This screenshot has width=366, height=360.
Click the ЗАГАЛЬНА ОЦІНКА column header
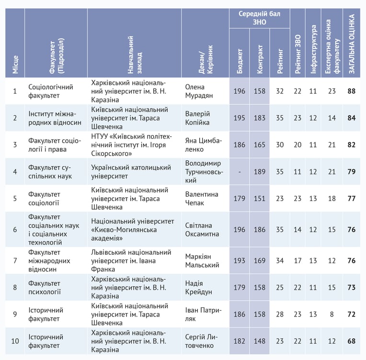(x=352, y=44)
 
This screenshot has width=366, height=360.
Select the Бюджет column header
(x=240, y=61)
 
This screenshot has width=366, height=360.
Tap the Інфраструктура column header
(x=313, y=49)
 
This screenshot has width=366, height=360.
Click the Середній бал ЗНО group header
(x=259, y=18)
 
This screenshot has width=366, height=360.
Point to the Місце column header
(x=15, y=65)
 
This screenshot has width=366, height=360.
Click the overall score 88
(x=352, y=91)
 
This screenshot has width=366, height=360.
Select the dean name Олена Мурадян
(x=199, y=91)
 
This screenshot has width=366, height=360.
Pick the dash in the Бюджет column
(x=240, y=172)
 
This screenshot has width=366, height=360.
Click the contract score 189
(x=260, y=172)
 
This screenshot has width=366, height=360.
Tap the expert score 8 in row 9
(x=332, y=314)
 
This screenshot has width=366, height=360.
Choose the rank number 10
(x=15, y=341)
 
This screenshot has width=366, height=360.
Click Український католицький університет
(x=131, y=172)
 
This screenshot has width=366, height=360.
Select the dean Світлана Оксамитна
(x=202, y=230)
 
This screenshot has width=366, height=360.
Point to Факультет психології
(x=45, y=288)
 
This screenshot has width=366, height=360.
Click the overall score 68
(x=352, y=341)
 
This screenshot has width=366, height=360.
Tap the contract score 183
(x=260, y=118)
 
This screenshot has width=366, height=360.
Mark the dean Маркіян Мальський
(x=202, y=261)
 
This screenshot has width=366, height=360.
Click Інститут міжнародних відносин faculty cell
(x=55, y=118)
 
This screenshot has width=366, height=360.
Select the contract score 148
(x=260, y=341)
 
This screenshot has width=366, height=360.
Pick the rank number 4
(x=15, y=172)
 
